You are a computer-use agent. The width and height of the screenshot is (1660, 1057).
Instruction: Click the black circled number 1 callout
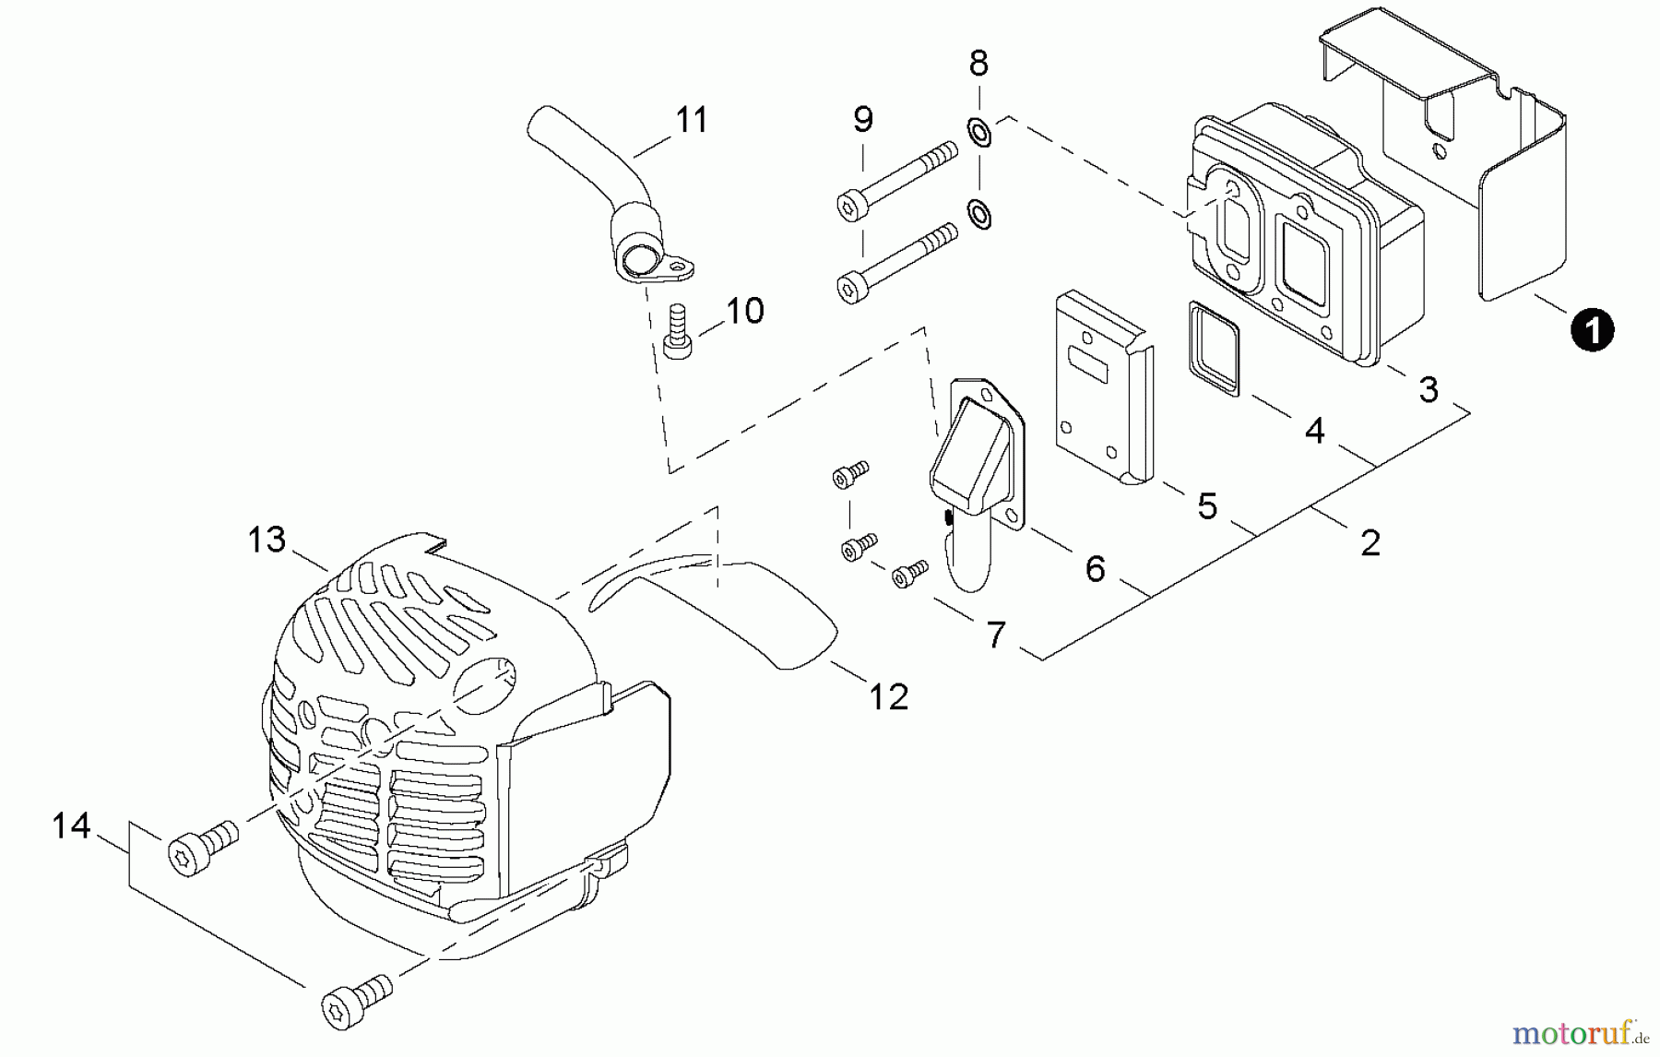pyautogui.click(x=1593, y=330)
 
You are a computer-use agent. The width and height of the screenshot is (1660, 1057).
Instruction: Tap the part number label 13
pyautogui.click(x=267, y=540)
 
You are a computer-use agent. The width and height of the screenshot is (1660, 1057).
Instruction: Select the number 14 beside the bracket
pyautogui.click(x=71, y=825)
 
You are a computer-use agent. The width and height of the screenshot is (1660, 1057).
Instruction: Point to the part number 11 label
pyautogui.click(x=691, y=120)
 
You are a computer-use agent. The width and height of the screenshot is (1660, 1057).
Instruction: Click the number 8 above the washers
pyautogui.click(x=978, y=64)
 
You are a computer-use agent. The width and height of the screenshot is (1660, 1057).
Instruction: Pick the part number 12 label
pyautogui.click(x=888, y=696)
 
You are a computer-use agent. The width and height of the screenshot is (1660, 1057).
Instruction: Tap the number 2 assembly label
pyautogui.click(x=1370, y=542)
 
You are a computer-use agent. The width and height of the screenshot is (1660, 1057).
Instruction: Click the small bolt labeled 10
pyautogui.click(x=678, y=331)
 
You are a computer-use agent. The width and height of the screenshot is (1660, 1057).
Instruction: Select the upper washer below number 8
pyautogui.click(x=979, y=132)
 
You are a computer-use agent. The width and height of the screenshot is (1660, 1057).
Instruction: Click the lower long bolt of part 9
pyautogui.click(x=895, y=267)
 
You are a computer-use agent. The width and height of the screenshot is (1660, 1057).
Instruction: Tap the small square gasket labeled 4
pyautogui.click(x=1213, y=349)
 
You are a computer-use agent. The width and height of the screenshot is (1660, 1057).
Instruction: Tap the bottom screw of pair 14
pyautogui.click(x=356, y=997)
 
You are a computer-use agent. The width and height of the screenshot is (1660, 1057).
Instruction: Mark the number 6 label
pyautogui.click(x=1095, y=569)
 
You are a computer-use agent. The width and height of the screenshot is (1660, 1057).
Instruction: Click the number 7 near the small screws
pyautogui.click(x=995, y=635)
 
